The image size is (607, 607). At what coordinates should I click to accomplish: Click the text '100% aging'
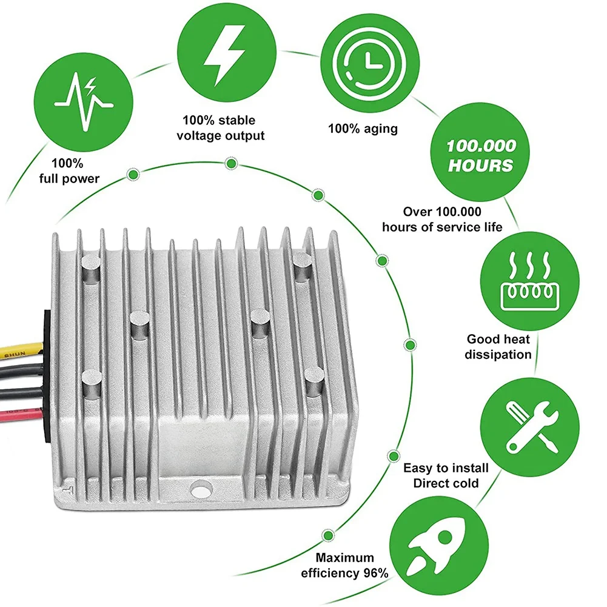point(363,129)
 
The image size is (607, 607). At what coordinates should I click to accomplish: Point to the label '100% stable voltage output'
point(221,128)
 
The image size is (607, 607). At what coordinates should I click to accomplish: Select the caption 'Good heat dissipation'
point(498,347)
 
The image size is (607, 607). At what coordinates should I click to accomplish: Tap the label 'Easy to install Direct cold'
point(446,475)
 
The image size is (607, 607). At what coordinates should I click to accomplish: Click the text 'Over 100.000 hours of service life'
point(442,219)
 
